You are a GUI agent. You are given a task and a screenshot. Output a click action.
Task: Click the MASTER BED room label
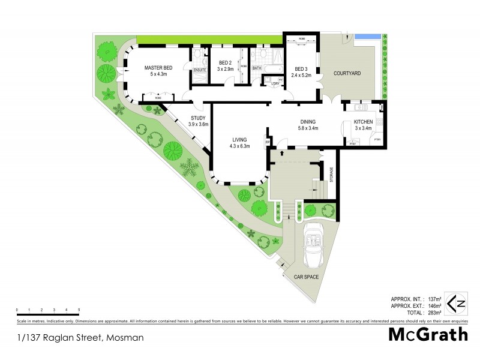[158, 68]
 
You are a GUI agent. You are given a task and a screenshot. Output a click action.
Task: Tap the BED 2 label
[225, 63]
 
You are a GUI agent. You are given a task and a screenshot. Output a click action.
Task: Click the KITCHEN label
[363, 122]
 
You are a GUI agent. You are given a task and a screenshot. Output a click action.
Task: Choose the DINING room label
[308, 122]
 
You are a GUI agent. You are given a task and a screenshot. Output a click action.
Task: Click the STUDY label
[198, 118]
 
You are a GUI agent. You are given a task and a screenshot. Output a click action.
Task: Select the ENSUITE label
[200, 70]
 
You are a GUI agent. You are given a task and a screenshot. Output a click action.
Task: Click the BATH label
[257, 68]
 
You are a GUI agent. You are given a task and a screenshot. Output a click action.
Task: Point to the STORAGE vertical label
[331, 174]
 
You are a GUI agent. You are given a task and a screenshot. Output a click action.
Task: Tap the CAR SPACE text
[306, 277]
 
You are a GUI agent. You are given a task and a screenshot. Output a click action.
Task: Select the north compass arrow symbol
[458, 303]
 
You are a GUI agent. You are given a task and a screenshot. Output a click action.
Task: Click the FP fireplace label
[268, 143]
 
